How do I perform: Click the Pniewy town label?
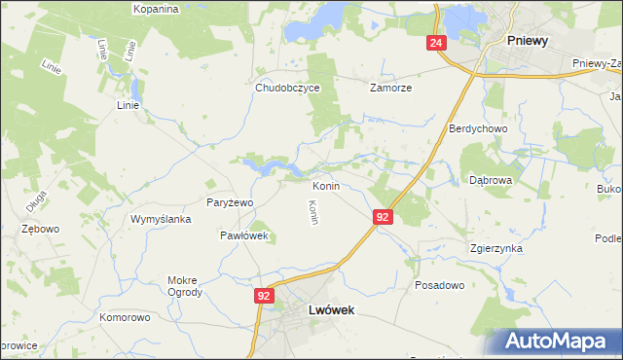click(x=529, y=41)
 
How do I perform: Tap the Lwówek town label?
click(x=330, y=309)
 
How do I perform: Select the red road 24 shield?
click(x=435, y=44)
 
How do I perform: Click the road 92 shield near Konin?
click(x=383, y=217)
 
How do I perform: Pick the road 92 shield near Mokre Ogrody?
click(x=264, y=295)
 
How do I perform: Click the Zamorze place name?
click(x=390, y=87)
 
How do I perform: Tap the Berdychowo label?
click(x=474, y=128)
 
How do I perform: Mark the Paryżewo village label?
click(x=230, y=201)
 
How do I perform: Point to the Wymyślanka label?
click(x=159, y=219)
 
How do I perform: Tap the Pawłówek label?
click(x=243, y=235)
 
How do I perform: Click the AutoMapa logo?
click(x=556, y=342)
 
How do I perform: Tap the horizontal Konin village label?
click(x=325, y=185)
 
